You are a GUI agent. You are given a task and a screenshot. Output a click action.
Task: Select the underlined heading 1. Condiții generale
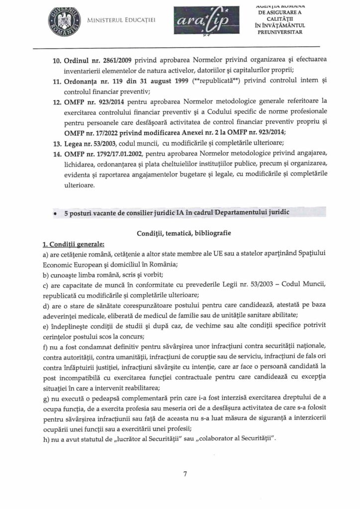click(x=74, y=244)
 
